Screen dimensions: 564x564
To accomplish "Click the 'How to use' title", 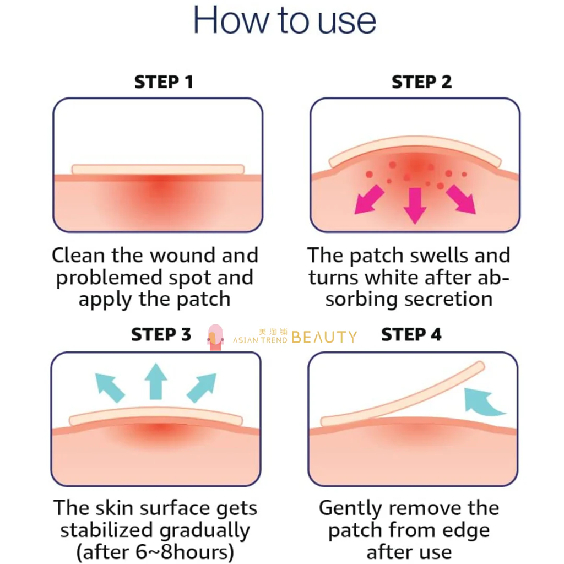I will pyautogui.click(x=284, y=21).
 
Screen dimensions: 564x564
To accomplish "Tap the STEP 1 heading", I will pyautogui.click(x=164, y=82).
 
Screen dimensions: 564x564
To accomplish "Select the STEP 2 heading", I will pyautogui.click(x=421, y=82).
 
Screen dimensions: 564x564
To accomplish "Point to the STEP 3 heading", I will pyautogui.click(x=161, y=334).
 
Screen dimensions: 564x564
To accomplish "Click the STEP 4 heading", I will pyautogui.click(x=411, y=334).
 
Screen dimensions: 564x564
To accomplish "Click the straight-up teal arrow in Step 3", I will pyautogui.click(x=156, y=381).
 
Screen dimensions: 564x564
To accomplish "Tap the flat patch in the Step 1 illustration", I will pyautogui.click(x=158, y=170).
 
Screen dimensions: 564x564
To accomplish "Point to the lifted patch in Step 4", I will pyautogui.click(x=402, y=395).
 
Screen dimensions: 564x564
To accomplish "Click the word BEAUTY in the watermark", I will pyautogui.click(x=324, y=337).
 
